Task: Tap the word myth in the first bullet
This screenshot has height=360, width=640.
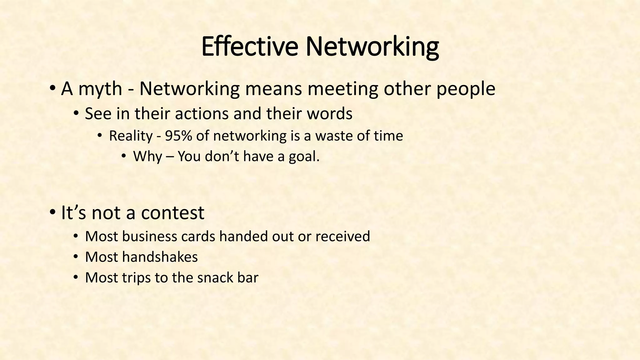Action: tap(100, 89)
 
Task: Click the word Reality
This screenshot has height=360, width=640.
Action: tap(131, 136)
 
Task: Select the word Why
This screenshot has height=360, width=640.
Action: tap(147, 156)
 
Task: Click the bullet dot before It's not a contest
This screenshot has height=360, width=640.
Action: tap(52, 212)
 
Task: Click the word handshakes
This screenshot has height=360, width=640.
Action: tap(160, 257)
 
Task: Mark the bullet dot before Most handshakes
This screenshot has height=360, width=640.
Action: tap(76, 257)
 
